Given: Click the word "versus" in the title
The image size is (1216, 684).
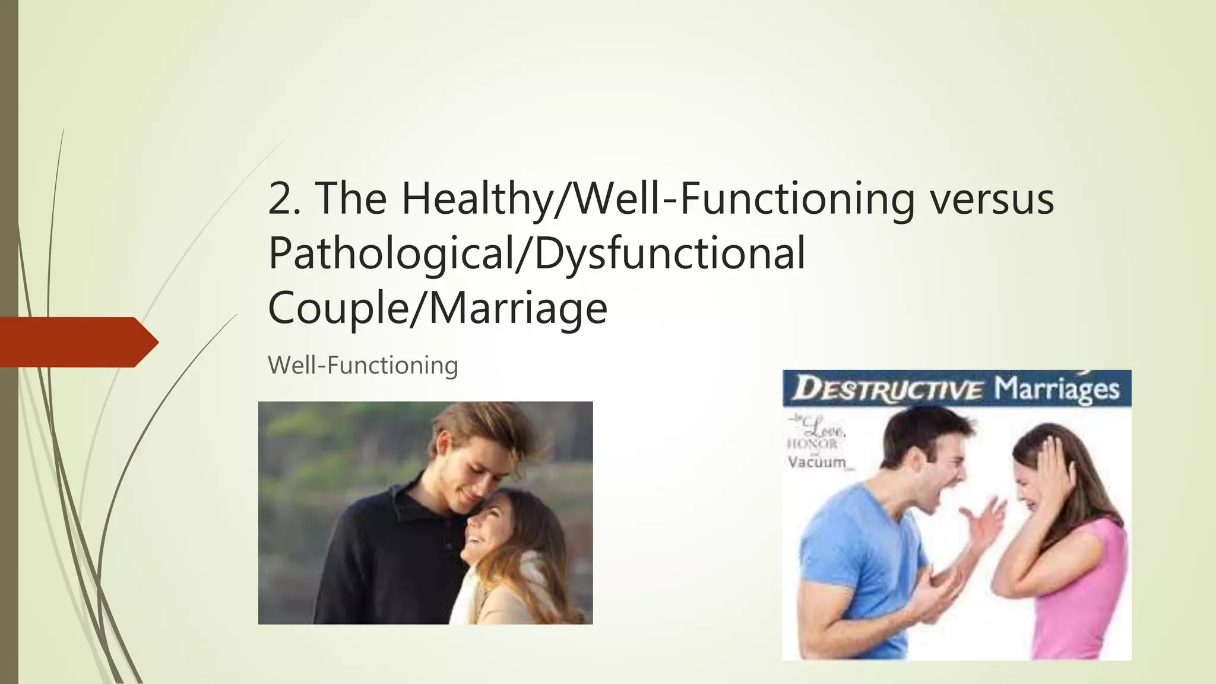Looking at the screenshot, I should [992, 198].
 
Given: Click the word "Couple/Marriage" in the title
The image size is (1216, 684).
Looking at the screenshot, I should [438, 308].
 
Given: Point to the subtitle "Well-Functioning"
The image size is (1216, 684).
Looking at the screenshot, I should [363, 365].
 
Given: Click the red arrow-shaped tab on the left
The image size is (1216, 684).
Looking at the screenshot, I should [77, 342].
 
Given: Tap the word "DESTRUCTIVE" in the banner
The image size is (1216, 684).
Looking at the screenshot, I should [888, 389].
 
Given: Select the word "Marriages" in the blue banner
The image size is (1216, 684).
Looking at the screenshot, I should [1057, 389].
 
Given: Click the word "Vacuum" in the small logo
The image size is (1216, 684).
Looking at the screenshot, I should [817, 462].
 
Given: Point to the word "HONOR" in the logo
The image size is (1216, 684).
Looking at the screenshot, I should [812, 444].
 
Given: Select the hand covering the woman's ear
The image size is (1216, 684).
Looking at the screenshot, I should [1054, 475].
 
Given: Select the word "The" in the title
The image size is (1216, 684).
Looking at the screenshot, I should [351, 198].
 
